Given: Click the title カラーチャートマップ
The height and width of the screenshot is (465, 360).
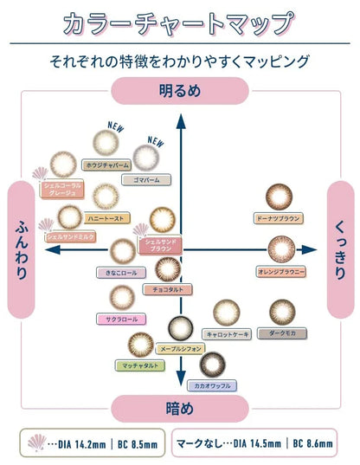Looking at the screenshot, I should tap(179, 23).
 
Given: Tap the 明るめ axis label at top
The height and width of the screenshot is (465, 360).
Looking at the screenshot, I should tap(180, 89).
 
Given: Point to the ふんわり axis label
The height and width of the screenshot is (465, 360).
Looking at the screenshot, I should tap(22, 249).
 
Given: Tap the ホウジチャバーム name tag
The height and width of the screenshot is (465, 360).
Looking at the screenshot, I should tap(108, 164).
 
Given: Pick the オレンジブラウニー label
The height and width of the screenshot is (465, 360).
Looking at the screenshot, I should tap(280, 271).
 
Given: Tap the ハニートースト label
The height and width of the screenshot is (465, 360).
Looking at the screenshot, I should tap(84, 220).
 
